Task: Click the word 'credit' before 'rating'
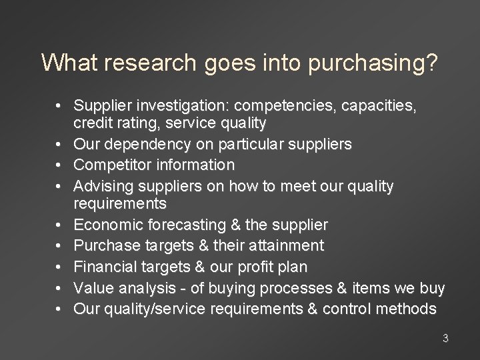[x=93, y=123]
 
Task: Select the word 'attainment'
[x=290, y=246]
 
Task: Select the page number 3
[x=445, y=339]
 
